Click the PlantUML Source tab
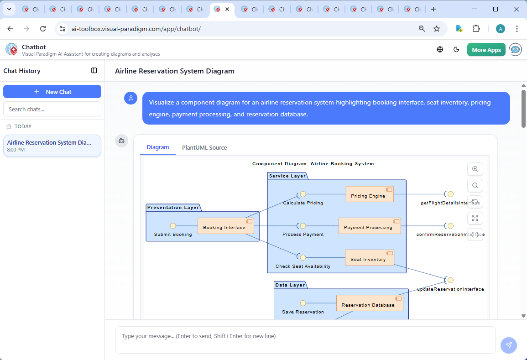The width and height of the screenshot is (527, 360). (204, 147)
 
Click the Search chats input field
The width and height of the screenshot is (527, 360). (52, 109)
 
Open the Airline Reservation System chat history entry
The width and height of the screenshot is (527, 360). (52, 146)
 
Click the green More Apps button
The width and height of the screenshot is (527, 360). (486, 50)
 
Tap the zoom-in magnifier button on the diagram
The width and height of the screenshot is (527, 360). (475, 169)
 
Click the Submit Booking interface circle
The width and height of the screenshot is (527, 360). (173, 226)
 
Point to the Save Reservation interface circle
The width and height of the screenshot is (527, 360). (303, 303)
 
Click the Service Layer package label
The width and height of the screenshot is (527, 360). (287, 176)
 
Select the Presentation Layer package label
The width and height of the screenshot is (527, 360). (173, 207)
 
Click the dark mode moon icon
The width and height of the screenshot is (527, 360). (456, 50)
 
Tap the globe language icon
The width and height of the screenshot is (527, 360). (440, 50)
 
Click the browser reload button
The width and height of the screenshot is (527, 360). (43, 29)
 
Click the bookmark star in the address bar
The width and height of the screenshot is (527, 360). (437, 29)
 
